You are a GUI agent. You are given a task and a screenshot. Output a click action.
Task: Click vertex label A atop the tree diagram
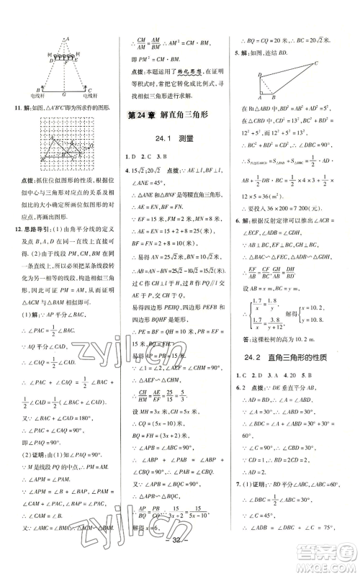pyautogui.click(x=66, y=39)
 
